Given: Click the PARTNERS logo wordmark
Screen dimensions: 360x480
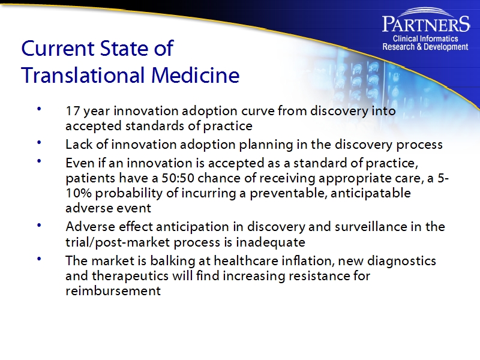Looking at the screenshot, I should tap(425, 25).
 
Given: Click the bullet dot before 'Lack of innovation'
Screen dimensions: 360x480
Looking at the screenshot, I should tap(39, 143).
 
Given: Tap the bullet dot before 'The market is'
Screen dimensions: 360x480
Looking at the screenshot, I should tap(39, 259).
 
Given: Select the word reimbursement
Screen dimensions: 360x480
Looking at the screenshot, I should tap(113, 291).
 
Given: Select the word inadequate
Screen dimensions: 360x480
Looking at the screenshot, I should tap(275, 242).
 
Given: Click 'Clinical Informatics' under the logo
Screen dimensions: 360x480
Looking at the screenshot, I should tap(425, 39).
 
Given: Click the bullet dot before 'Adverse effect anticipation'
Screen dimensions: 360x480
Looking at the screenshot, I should tap(39, 225).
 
